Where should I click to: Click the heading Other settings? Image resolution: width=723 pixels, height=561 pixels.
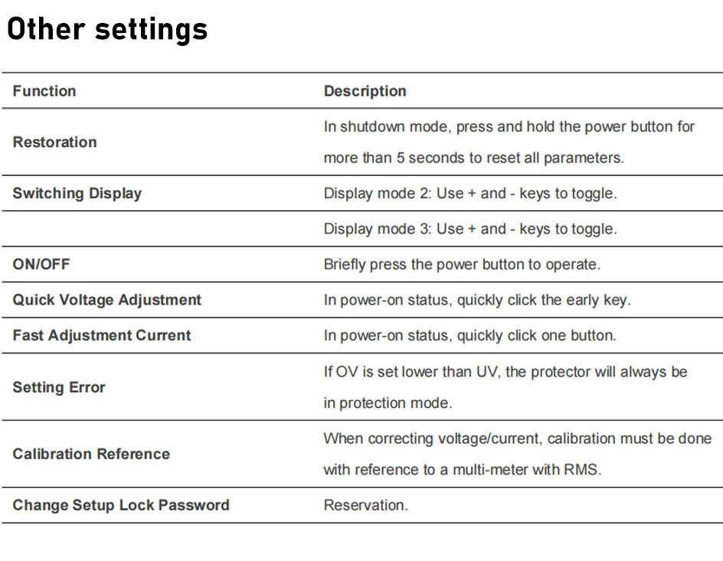click(x=107, y=30)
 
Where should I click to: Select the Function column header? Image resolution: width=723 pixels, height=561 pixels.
click(x=44, y=91)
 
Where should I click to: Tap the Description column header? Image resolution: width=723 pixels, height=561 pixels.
click(x=365, y=91)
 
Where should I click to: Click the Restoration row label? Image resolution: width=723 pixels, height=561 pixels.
click(x=55, y=142)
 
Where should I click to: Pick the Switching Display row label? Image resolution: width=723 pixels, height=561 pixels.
click(x=77, y=194)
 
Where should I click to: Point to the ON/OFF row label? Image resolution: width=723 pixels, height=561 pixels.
click(x=41, y=264)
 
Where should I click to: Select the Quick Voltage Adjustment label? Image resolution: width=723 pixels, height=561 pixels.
click(x=107, y=300)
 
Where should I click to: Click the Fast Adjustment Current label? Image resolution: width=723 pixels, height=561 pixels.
click(x=102, y=335)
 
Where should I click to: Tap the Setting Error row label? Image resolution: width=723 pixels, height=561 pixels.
click(x=59, y=387)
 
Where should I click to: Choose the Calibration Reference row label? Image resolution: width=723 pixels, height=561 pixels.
click(x=91, y=454)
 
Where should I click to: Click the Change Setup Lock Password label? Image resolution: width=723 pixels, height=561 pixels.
click(x=121, y=505)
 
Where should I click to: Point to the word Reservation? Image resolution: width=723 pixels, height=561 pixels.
click(x=365, y=505)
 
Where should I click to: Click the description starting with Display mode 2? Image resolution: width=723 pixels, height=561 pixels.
click(x=470, y=194)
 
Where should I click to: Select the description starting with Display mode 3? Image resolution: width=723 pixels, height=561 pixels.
click(x=470, y=229)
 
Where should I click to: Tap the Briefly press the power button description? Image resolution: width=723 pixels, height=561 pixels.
click(x=462, y=264)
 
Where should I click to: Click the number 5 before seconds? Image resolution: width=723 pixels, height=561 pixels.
click(x=401, y=158)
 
